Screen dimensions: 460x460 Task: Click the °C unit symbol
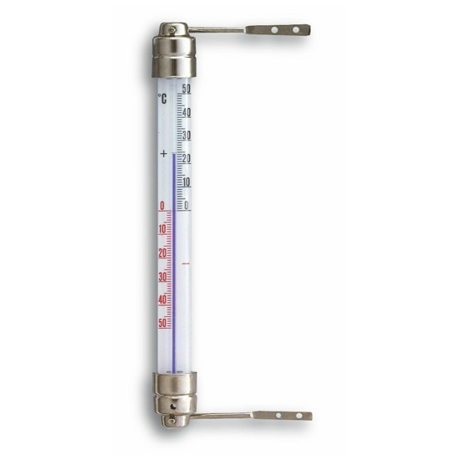(162, 99)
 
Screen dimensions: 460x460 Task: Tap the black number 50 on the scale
(187, 89)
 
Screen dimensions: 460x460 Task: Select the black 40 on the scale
(187, 112)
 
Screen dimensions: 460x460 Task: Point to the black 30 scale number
(187, 135)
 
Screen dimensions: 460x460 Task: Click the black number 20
(187, 159)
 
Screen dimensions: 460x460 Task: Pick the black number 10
(187, 182)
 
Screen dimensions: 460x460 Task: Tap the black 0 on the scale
(187, 205)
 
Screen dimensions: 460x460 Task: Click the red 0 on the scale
(161, 206)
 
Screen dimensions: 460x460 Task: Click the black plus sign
(163, 153)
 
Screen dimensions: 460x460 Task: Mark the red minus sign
(186, 263)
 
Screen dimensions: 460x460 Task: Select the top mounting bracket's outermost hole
(295, 30)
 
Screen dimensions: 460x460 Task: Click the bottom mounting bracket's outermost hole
(298, 415)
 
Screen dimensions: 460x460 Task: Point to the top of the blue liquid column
(174, 155)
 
